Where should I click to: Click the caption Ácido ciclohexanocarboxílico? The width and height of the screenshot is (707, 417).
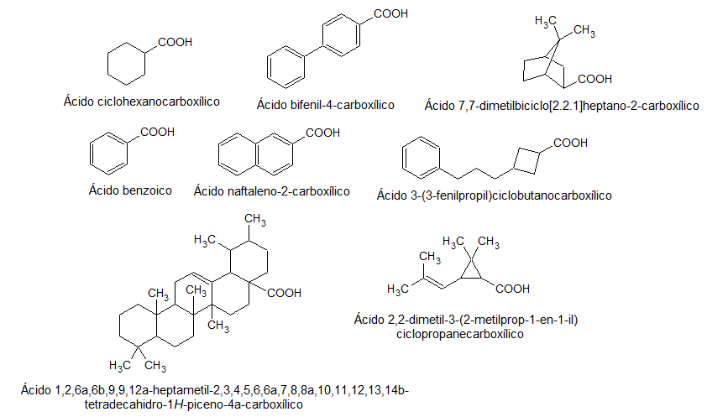(x=141, y=102)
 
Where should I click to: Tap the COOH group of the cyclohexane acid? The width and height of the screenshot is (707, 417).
(x=174, y=42)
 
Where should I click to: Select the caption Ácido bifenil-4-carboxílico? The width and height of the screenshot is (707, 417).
(x=326, y=105)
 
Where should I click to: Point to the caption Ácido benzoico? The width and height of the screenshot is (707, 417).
(x=130, y=190)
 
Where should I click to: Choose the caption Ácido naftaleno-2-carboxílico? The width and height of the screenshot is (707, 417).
(x=271, y=191)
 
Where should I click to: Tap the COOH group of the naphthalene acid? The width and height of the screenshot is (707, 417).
(x=323, y=133)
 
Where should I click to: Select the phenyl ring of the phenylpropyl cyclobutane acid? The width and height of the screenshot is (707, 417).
(x=420, y=158)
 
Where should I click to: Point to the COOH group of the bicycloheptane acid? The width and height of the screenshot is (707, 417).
(x=594, y=79)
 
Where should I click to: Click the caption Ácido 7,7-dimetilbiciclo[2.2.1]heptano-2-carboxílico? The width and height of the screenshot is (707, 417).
(x=562, y=106)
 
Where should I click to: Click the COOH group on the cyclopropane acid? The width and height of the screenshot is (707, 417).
(x=512, y=289)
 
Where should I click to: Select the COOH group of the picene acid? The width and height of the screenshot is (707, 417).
(x=284, y=293)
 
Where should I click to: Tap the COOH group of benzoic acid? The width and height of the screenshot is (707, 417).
(x=157, y=133)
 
